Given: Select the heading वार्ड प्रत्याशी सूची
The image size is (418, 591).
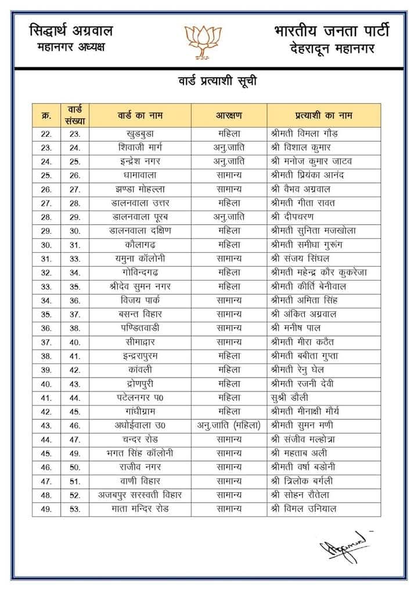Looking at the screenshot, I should (x=218, y=81).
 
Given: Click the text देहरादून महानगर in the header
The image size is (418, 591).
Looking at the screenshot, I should (x=332, y=49).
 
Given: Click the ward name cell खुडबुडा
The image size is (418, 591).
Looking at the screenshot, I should (x=140, y=133).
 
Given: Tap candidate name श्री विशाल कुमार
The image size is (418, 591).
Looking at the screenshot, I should (x=302, y=147).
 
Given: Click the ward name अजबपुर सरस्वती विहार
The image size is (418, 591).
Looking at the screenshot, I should (x=140, y=495).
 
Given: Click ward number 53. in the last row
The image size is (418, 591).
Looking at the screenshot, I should (x=75, y=509).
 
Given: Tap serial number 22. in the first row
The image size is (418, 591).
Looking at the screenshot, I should (x=46, y=133).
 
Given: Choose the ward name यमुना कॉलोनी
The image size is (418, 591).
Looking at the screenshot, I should (x=140, y=259).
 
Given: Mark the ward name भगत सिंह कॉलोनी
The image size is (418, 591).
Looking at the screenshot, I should (x=140, y=454).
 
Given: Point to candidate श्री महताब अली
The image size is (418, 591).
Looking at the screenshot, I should (x=299, y=454).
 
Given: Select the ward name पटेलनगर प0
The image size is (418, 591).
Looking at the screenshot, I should (x=140, y=398).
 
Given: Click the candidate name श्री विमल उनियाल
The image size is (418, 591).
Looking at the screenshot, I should (x=304, y=509).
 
